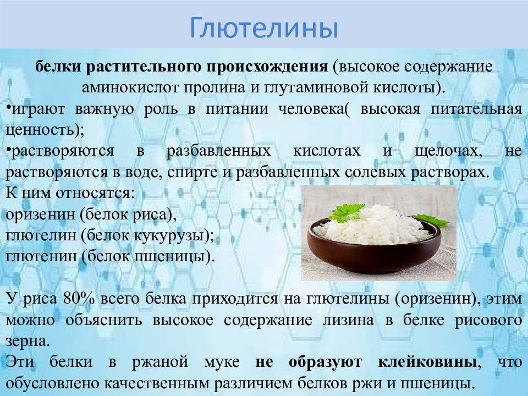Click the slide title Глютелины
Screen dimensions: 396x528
click(x=263, y=29)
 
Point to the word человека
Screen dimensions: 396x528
click(x=312, y=108)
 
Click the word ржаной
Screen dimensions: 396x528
click(x=165, y=362)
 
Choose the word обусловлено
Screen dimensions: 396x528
click(x=52, y=383)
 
